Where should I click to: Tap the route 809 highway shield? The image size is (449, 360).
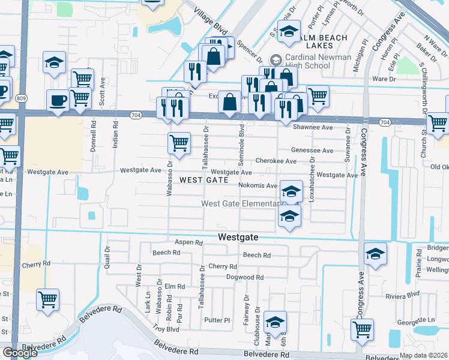click(22, 98)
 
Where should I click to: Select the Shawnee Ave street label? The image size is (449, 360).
click(312, 127)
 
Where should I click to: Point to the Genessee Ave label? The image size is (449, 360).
click(312, 151)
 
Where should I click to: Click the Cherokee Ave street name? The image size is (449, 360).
click(276, 161)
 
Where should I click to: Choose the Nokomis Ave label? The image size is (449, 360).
click(258, 186)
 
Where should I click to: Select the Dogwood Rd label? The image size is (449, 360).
click(245, 277)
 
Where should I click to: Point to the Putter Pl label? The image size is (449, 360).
click(218, 320)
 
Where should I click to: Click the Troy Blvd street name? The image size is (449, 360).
click(166, 329)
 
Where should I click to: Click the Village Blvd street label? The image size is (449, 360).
click(212, 19)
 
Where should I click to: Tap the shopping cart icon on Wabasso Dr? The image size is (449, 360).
click(179, 143)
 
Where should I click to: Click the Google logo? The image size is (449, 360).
click(20, 353)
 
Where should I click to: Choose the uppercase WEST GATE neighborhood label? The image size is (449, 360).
click(203, 180)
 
